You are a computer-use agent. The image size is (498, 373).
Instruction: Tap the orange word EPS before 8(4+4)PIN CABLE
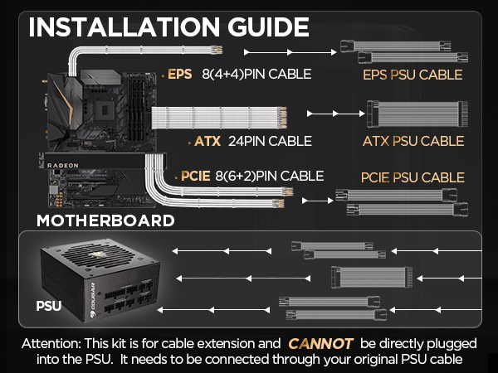point(180,74)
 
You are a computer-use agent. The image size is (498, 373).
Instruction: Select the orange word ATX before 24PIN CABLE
point(207,140)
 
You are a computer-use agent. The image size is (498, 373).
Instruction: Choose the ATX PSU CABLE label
point(413,141)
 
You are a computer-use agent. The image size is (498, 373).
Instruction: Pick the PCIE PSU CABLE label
point(413,177)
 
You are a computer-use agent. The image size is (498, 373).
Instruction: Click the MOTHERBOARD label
point(105,220)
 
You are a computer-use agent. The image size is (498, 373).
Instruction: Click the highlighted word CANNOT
point(320,342)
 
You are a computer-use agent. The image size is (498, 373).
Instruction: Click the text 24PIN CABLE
point(269,140)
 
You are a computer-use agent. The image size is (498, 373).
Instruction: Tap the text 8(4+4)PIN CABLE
point(256,74)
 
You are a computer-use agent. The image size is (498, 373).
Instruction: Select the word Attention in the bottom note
point(49,342)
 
